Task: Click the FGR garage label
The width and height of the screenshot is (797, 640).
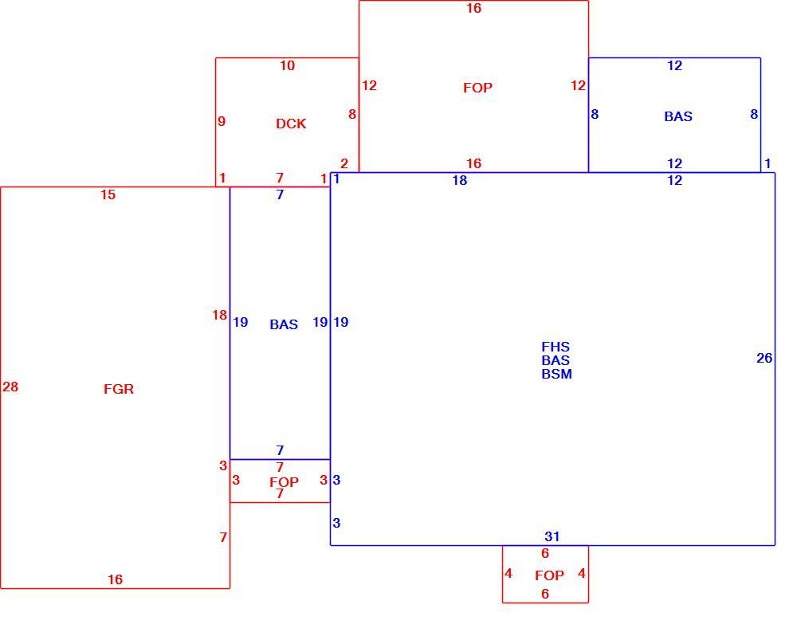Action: [x=119, y=390]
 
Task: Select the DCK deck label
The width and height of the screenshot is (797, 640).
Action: [x=291, y=124]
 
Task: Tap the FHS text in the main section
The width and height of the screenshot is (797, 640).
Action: [x=556, y=347]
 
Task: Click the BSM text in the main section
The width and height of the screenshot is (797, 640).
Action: [x=556, y=374]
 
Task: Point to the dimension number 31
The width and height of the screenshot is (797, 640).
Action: [x=552, y=536]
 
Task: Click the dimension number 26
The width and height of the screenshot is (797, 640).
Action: [x=764, y=359]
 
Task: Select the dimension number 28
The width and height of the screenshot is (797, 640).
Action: [x=10, y=387]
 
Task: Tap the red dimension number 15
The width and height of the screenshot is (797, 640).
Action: [x=108, y=194]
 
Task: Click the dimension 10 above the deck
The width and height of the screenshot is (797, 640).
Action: [x=287, y=65]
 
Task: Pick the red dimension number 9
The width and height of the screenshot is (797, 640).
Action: [x=222, y=121]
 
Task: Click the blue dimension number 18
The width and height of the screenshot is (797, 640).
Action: [x=460, y=180]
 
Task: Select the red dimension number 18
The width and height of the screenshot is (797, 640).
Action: [x=220, y=315]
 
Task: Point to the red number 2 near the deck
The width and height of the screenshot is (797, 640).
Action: [x=344, y=163]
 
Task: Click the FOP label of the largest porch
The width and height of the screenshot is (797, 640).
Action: [x=477, y=88]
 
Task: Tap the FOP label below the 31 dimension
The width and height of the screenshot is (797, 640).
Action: [x=549, y=575]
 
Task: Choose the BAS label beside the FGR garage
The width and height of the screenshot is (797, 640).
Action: [x=284, y=324]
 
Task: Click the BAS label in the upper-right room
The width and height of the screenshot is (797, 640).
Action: [x=678, y=116]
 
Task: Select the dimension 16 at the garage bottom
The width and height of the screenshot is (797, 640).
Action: [x=115, y=579]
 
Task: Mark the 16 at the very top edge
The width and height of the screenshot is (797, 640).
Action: [x=473, y=8]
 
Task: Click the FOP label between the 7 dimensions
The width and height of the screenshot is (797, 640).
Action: [x=285, y=482]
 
